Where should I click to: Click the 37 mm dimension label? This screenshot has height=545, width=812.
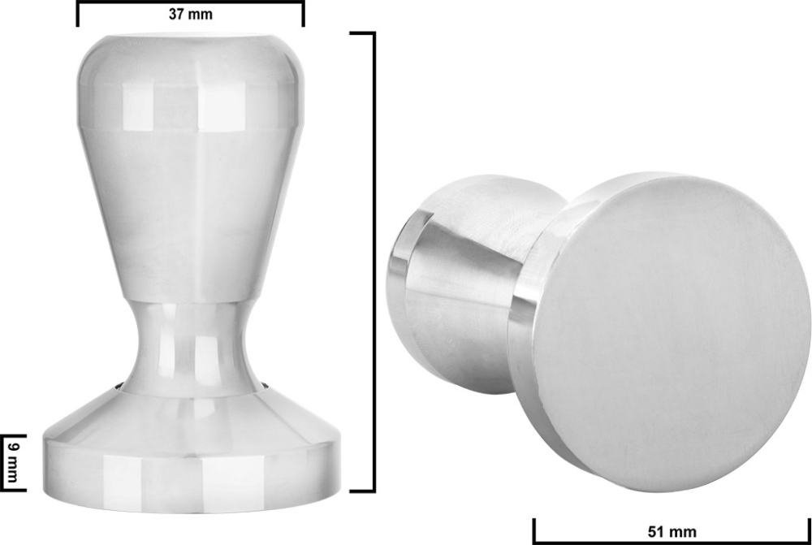[x=191, y=14]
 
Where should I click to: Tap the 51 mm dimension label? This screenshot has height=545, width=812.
[x=673, y=532]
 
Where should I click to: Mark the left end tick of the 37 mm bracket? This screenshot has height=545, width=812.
[x=78, y=13]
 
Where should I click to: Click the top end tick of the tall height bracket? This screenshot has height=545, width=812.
[x=362, y=33]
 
